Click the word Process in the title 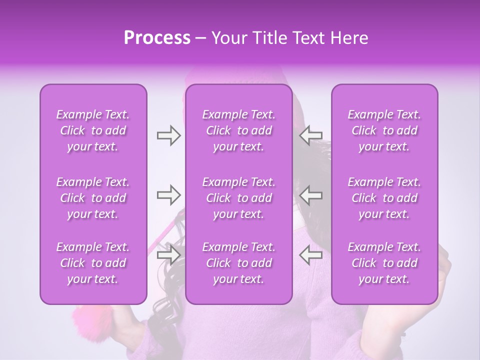pos(157,38)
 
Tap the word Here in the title pos(349,38)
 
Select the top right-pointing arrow pos(168,135)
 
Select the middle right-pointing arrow pos(168,195)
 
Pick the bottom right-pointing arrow pos(168,255)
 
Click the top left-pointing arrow pos(310,135)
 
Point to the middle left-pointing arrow pos(310,195)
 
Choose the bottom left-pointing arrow pos(310,255)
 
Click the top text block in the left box pos(93,130)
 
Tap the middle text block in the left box pos(93,198)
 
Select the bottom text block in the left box pos(93,263)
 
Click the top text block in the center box pos(239,130)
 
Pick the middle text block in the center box pos(239,198)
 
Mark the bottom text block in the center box pos(239,263)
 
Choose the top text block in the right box pos(384,130)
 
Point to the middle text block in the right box pos(384,198)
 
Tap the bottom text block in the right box pos(384,263)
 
